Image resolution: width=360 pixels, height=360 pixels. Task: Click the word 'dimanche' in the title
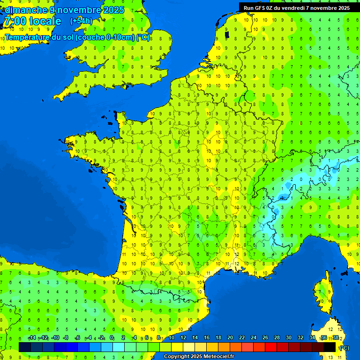[26, 10]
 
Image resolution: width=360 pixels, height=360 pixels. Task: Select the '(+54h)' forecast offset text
[81, 21]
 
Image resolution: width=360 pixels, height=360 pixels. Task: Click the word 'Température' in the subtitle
[28, 37]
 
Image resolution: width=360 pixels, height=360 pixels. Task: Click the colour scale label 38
[336, 338]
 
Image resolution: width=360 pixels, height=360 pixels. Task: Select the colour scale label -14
[32, 338]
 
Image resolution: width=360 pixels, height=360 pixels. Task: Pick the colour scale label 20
[230, 338]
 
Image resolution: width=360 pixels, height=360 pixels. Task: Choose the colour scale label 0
[112, 338]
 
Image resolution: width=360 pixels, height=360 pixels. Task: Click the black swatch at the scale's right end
[330, 347]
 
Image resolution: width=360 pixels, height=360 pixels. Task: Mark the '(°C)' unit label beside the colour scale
[344, 348]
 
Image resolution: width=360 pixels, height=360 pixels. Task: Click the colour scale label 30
[288, 338]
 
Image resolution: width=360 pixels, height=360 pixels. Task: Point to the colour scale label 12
[183, 338]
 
